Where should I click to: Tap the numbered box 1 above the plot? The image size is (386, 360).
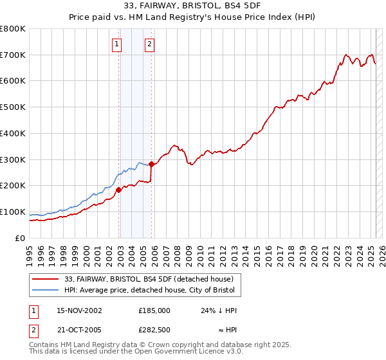(x=116, y=44)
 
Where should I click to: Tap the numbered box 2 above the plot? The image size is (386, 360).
(x=149, y=44)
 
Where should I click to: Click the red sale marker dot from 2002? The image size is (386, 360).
(x=119, y=190)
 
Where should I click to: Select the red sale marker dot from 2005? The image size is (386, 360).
(x=152, y=164)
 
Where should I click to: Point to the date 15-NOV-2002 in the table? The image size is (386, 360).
(x=80, y=310)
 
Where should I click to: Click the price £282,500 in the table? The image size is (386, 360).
(x=154, y=330)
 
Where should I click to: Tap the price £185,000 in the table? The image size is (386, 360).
(x=154, y=310)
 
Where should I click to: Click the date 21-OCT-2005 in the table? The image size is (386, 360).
(x=80, y=330)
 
